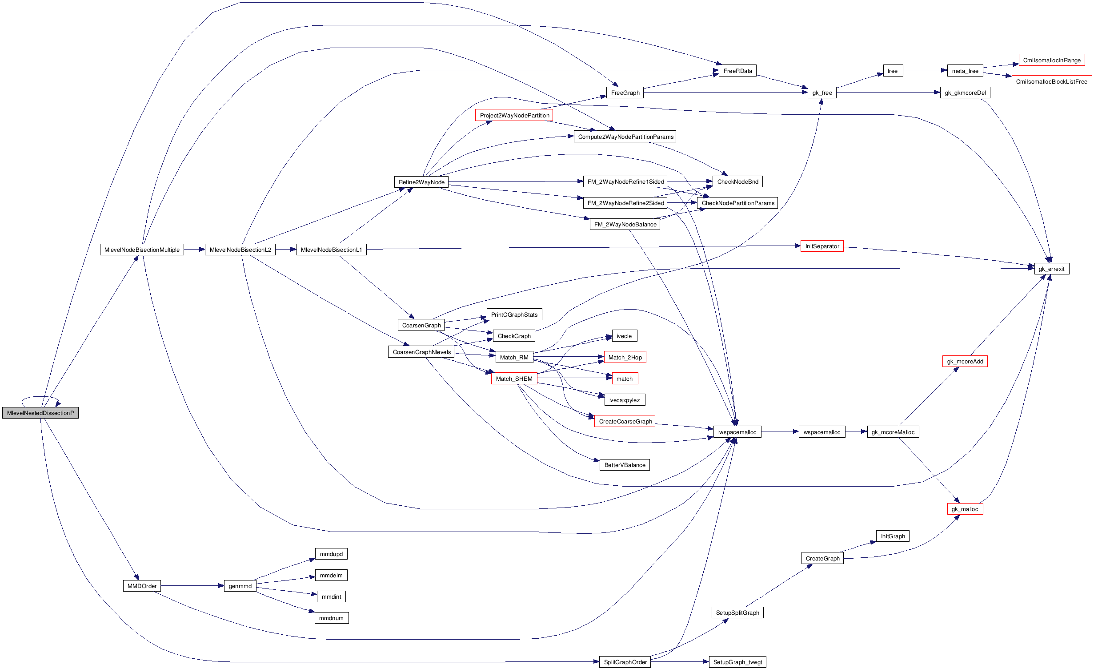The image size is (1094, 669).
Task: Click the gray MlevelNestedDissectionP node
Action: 40,413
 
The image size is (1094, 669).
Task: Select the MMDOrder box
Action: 142,586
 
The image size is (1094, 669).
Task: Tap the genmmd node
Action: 240,586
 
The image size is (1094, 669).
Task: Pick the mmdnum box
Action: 331,618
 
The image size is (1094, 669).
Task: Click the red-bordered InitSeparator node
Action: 822,246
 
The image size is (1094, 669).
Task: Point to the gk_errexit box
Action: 1051,269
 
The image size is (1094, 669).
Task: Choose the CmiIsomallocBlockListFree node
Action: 1051,81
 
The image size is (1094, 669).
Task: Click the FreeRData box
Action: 737,71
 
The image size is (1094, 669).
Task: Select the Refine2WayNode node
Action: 421,182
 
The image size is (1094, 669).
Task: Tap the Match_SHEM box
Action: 514,379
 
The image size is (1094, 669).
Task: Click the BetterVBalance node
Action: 625,465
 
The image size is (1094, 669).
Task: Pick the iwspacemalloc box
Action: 737,432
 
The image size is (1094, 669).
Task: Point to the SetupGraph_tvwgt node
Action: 737,662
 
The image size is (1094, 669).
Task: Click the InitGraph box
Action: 893,536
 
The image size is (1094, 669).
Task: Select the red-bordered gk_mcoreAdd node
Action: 965,361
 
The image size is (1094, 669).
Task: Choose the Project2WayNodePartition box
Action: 514,115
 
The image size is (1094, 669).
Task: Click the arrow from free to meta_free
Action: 925,70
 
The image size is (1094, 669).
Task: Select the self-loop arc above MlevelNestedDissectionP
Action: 40,397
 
